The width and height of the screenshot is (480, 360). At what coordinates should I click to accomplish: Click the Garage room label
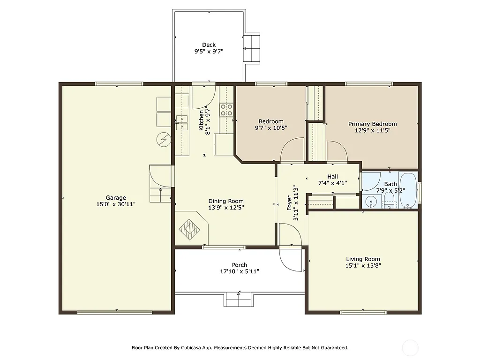pos(115,198)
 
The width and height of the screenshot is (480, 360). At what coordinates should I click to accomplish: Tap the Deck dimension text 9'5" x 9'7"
pos(209,52)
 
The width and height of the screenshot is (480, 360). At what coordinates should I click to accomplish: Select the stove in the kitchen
pos(226,110)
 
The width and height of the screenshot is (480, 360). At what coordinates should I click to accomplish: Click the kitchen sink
pos(181,123)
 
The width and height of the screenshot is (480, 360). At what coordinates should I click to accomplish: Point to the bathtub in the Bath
pos(408,191)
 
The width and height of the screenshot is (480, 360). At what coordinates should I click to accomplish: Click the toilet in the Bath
pos(389,201)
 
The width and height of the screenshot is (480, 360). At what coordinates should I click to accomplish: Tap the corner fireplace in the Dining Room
pos(191,228)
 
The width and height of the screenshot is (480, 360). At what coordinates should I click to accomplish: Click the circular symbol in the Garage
pos(164,139)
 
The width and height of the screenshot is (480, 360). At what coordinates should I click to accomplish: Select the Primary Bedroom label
pos(372,124)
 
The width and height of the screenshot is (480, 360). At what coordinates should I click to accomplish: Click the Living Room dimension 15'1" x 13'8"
pos(363,265)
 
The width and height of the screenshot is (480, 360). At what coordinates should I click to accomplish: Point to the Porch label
pos(239,265)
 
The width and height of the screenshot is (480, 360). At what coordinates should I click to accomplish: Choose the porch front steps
pos(239,299)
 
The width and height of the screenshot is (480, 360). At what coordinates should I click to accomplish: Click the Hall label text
pos(332,177)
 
